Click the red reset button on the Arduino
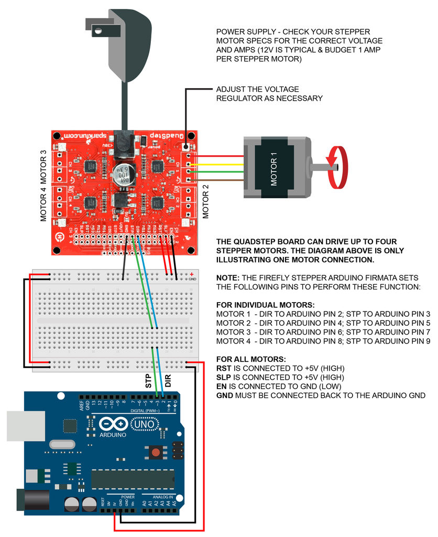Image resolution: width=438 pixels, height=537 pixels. (156, 452)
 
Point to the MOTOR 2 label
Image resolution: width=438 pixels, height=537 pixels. (205, 201)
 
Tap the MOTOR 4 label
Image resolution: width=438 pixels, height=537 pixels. (44, 202)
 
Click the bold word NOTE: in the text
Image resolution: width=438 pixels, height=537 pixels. (228, 277)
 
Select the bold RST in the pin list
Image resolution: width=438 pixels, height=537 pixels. (223, 368)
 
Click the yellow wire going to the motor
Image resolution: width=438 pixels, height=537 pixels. (220, 164)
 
